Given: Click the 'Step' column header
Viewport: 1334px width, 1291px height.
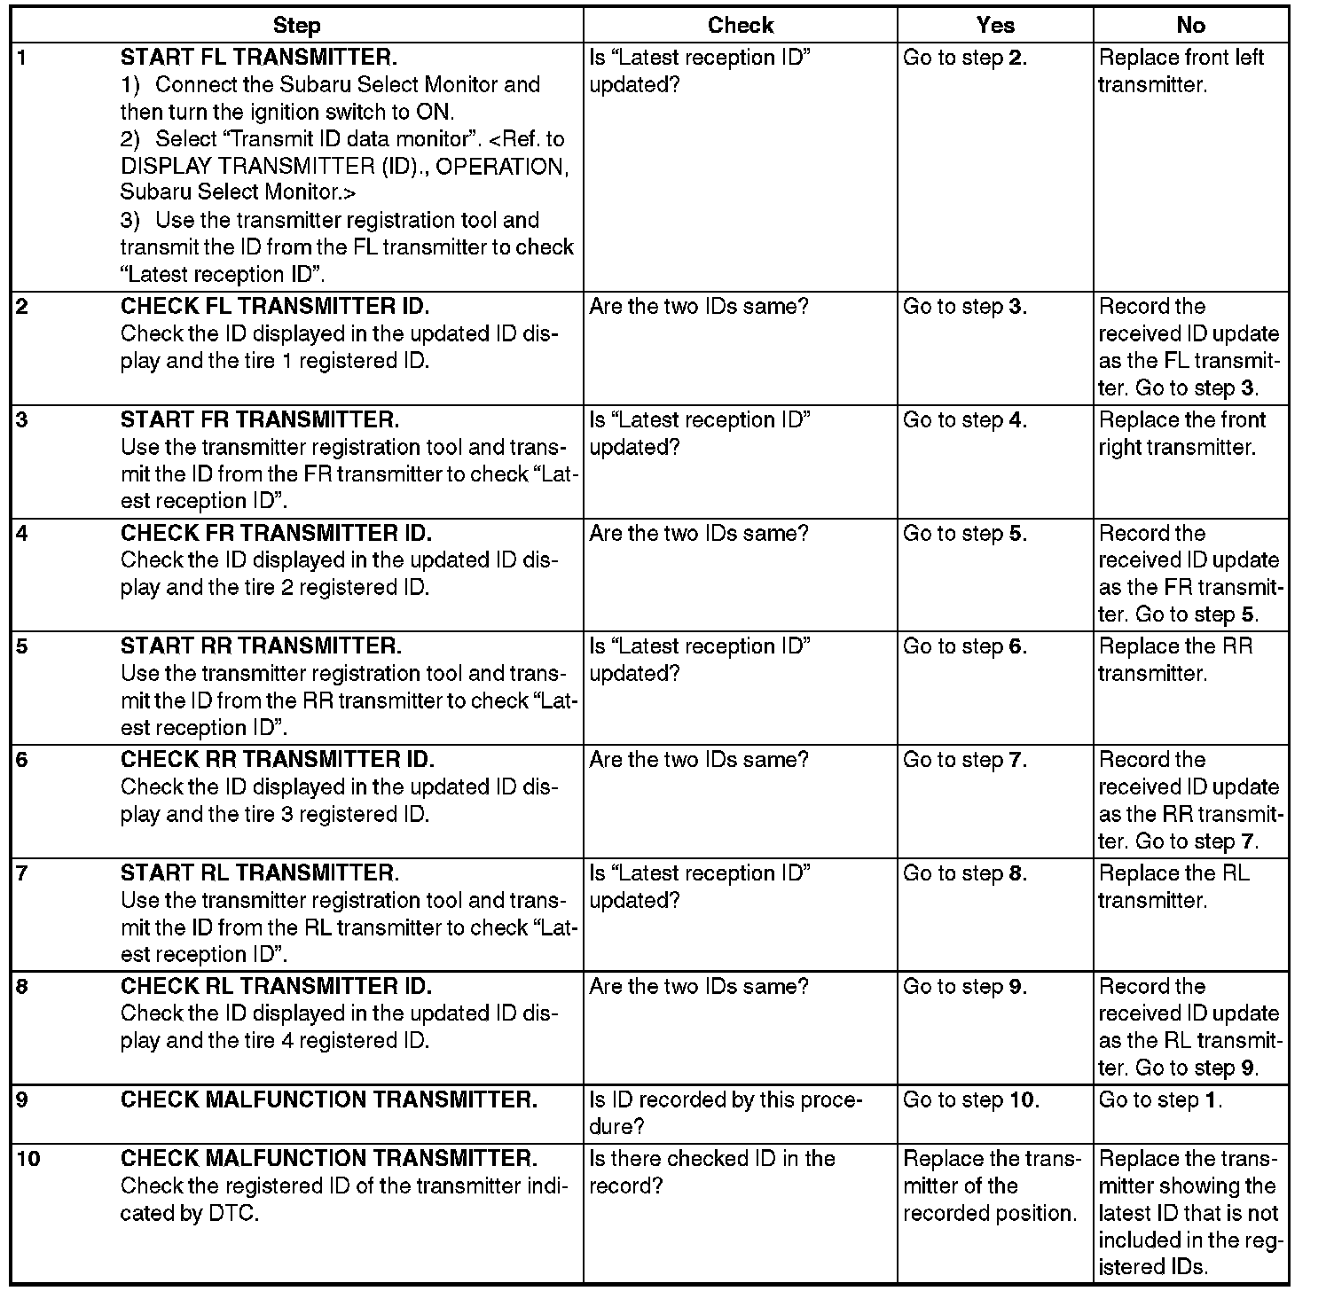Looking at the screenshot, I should [x=297, y=26].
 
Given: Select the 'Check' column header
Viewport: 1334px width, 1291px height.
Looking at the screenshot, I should [x=740, y=26].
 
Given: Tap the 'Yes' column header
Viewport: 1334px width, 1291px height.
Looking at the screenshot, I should [x=994, y=26].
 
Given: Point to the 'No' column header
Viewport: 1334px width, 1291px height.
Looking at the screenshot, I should [x=1190, y=26].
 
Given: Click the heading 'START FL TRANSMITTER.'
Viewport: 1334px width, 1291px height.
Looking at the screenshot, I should [x=258, y=58].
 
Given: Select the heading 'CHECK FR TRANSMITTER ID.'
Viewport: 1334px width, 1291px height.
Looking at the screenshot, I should [x=276, y=533].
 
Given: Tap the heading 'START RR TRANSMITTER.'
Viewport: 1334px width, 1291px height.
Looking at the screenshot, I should [x=260, y=646].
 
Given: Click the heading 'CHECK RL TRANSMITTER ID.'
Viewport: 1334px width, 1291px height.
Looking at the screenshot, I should [x=276, y=987].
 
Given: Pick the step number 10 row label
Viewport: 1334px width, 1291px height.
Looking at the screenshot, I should [x=28, y=1159].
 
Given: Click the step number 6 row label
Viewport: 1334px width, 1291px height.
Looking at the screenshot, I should [x=22, y=760].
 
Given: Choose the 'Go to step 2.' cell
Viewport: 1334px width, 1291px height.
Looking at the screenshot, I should [x=964, y=58].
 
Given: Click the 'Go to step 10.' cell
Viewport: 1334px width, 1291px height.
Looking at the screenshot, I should [x=970, y=1100].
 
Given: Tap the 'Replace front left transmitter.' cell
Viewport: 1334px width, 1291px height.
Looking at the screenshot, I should [x=1181, y=71].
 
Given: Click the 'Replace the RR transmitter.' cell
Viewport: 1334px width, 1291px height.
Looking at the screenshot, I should [x=1175, y=660].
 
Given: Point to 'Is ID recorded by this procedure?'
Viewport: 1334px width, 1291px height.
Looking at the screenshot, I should [x=725, y=1114].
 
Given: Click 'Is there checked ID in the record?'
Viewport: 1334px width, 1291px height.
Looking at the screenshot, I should [x=711, y=1172].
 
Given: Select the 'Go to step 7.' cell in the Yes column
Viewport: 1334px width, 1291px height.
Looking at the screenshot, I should [x=964, y=760].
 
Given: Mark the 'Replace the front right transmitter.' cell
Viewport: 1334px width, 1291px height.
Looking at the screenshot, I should [x=1181, y=433].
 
